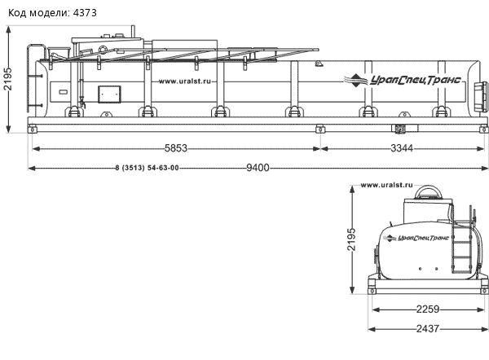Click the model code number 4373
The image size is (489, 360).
coord(85,13)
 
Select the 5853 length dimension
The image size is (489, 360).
coord(176,148)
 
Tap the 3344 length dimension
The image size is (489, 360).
coord(402,148)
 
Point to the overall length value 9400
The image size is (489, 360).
coord(258,168)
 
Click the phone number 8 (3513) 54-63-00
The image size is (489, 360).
coord(147,168)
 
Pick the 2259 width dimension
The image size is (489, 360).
coord(428,310)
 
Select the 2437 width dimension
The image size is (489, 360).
coord(428,328)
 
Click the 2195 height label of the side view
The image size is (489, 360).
coord(7,78)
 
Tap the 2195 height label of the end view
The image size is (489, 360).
coord(351,239)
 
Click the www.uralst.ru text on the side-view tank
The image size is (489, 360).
coord(185,81)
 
